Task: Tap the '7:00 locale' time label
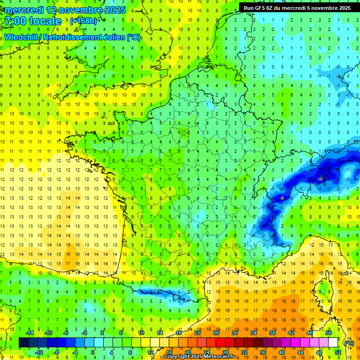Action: tap(32, 21)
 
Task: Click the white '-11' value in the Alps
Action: tap(321, 179)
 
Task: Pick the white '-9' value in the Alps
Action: tap(281, 198)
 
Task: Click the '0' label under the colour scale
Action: tap(93, 352)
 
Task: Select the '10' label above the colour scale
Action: tap(141, 333)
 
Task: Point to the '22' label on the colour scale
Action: tap(197, 333)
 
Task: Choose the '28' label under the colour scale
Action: tap(225, 352)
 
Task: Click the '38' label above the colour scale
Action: tap(272, 333)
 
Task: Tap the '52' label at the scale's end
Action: tap(337, 352)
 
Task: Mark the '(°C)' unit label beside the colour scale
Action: tap(348, 343)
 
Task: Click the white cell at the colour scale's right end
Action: tap(333, 343)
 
